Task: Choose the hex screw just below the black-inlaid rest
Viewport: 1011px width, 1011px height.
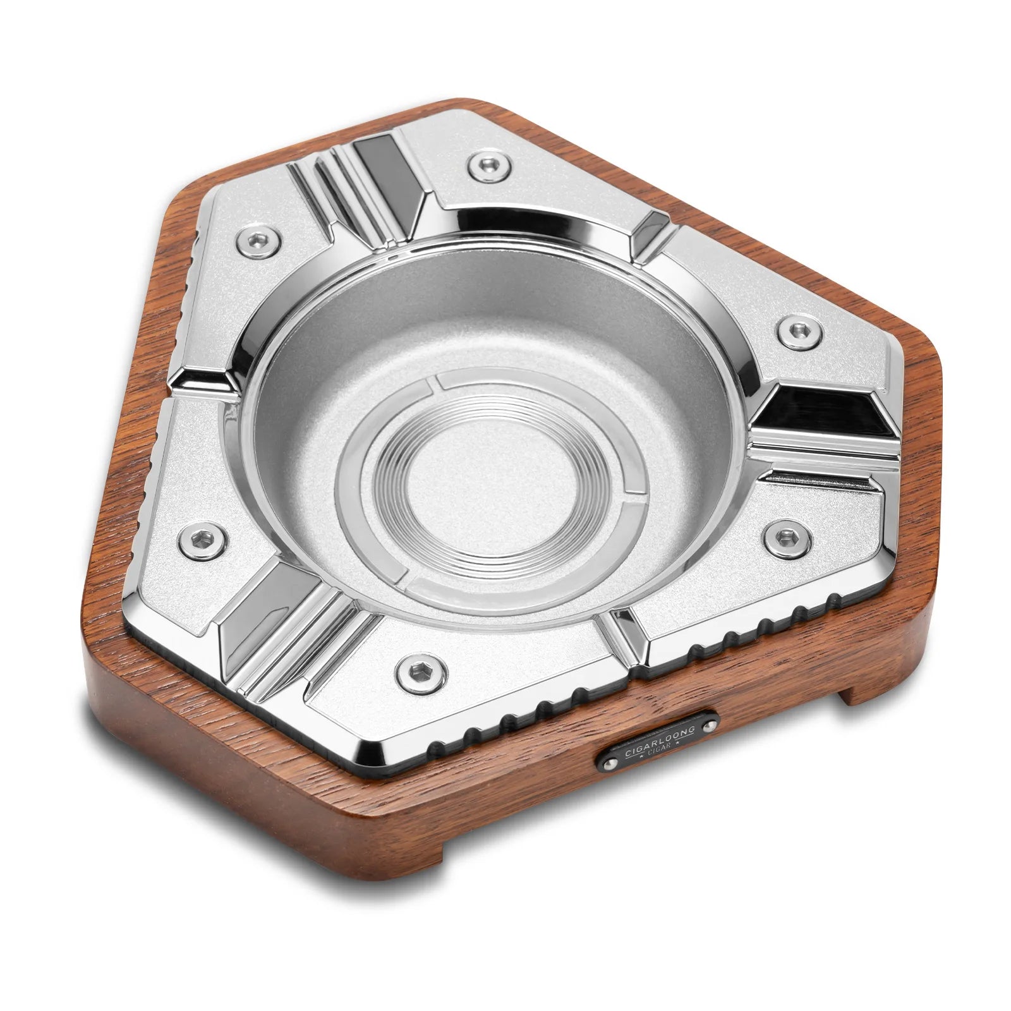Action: pyautogui.click(x=785, y=536)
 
